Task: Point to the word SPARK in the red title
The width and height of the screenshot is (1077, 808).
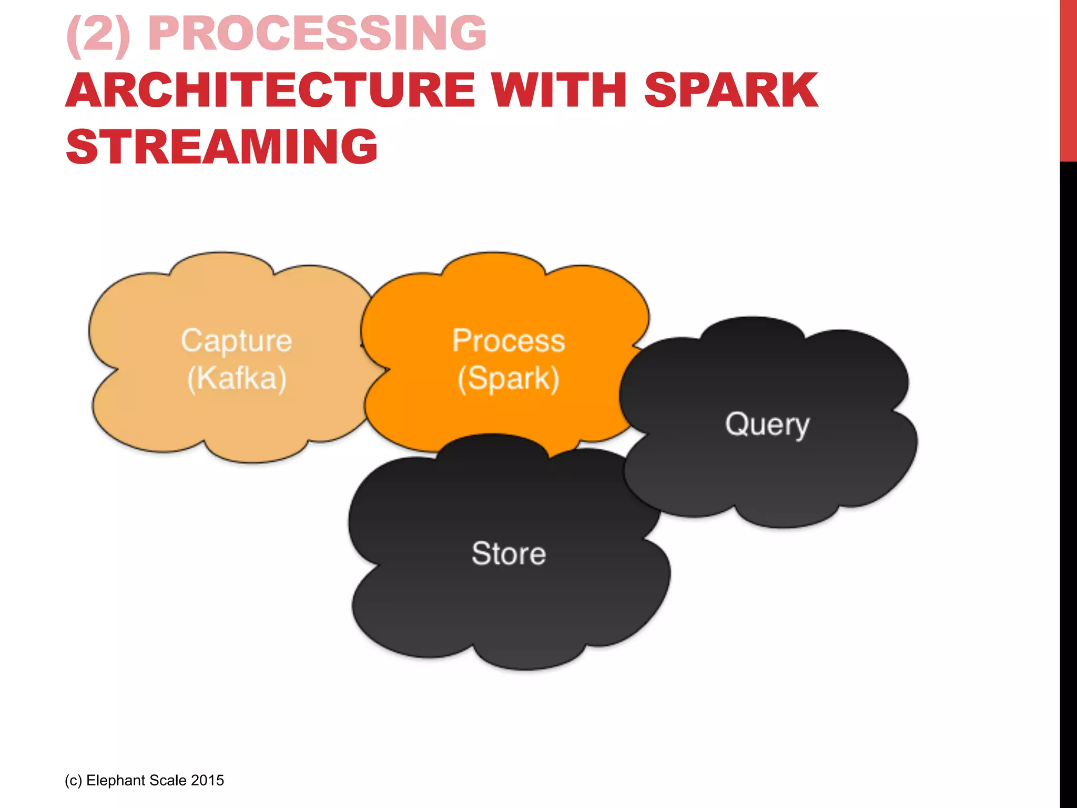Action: (731, 90)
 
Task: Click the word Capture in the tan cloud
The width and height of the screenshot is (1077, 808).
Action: (237, 340)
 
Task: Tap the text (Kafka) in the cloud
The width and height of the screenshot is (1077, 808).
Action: (237, 378)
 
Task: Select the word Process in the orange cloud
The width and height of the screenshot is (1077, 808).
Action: (509, 340)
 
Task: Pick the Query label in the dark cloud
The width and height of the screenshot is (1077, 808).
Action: (767, 424)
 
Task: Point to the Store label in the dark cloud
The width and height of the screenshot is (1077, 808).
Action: (509, 553)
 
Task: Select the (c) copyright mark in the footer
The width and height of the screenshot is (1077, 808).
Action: (74, 780)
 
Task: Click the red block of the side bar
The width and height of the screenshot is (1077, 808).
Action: (1068, 79)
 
